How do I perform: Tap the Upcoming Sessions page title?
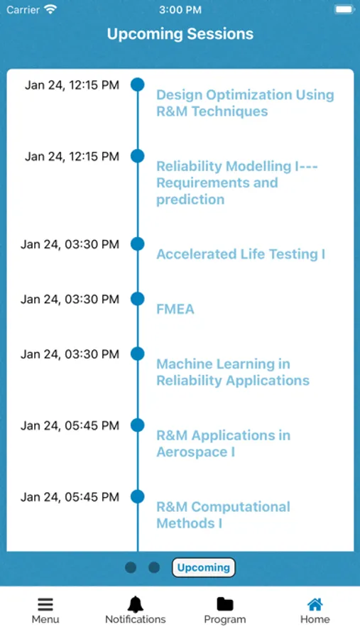(180, 34)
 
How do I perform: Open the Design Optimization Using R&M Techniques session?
(245, 103)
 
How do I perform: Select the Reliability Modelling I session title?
(237, 182)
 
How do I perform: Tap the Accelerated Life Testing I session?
(241, 254)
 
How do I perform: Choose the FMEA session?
(175, 309)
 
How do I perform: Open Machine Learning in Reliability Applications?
(233, 372)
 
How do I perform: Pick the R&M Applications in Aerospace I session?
(224, 443)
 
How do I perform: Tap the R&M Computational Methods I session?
(223, 515)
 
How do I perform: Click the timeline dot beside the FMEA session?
(137, 299)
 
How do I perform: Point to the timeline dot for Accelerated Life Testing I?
(137, 244)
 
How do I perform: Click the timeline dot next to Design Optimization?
(137, 84)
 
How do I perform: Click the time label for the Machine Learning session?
(70, 354)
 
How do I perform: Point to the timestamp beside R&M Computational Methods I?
(70, 497)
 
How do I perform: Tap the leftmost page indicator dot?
(131, 567)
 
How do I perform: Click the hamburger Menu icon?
(45, 604)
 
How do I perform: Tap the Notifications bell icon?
(136, 604)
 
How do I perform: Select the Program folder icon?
(224, 604)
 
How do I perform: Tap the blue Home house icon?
(315, 604)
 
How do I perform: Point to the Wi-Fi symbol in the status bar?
(51, 9)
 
